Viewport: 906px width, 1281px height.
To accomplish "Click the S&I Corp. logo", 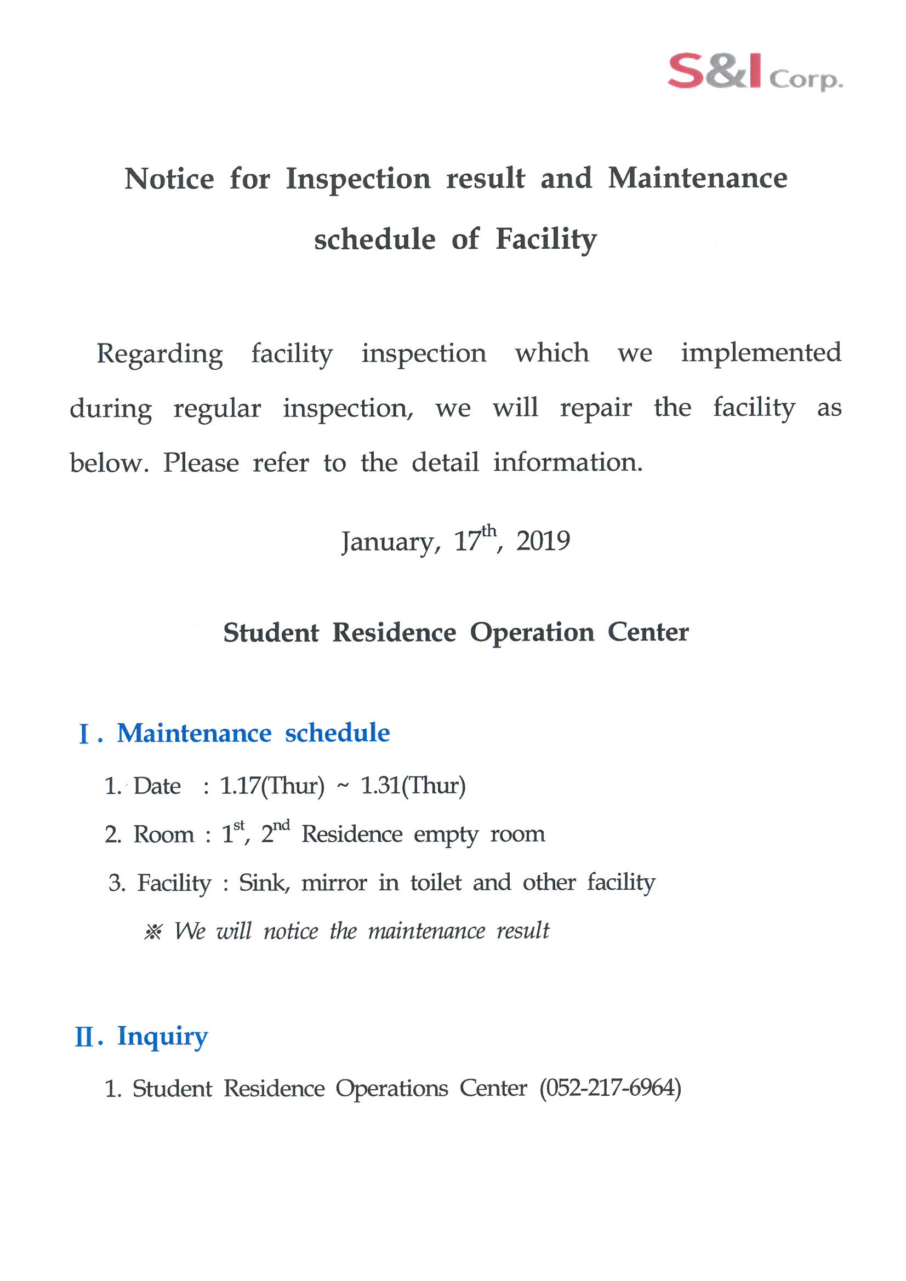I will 755,72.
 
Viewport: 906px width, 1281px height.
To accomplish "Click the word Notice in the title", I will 169,179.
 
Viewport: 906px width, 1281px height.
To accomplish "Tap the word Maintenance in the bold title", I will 697,179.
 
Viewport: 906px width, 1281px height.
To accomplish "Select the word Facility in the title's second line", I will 546,239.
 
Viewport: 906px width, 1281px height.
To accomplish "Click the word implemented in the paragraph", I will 760,353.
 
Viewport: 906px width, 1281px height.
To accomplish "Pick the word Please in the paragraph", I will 201,463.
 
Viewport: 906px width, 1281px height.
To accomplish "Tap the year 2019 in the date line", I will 543,541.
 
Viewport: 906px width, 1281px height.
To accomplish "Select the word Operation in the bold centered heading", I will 532,632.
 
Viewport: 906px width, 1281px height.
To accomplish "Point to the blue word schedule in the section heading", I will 337,733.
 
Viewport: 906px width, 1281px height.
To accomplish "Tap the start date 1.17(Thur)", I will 272,786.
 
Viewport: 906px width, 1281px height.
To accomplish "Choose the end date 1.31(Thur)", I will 413,786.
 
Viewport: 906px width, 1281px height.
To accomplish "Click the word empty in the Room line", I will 446,835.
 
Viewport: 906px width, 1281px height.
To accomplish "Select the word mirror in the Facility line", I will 334,883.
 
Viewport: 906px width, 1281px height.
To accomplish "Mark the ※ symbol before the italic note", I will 153,932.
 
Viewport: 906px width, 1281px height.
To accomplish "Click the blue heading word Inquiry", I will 162,1037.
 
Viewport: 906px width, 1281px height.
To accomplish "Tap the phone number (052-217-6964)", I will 610,1089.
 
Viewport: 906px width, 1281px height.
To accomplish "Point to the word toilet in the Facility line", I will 436,883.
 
